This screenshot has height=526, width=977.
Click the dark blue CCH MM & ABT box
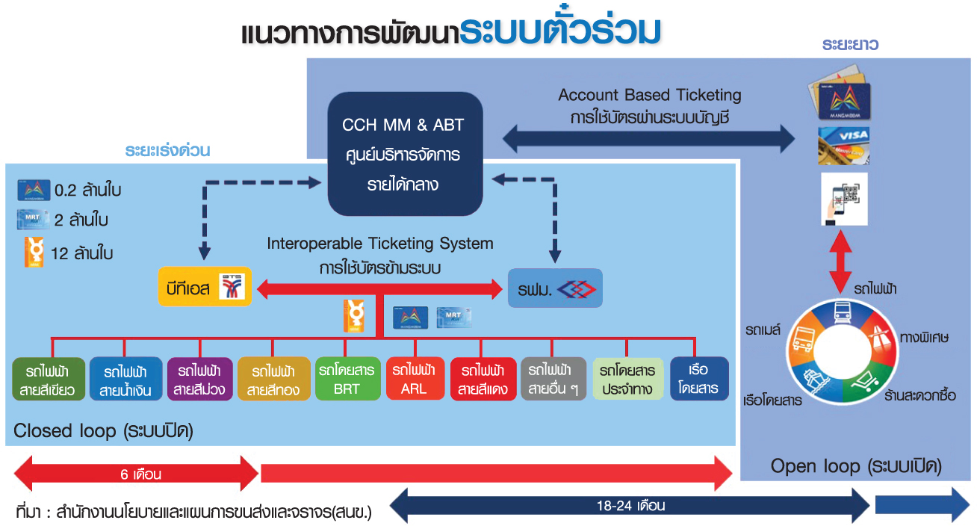coord(403,153)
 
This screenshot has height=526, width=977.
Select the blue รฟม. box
coord(554,288)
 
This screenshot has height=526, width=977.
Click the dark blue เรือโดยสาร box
coord(699,379)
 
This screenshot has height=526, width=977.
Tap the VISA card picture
coord(844,145)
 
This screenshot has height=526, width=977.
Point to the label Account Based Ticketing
coord(650,96)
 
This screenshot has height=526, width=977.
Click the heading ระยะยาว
coord(850,45)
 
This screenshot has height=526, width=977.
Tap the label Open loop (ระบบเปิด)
coord(856,467)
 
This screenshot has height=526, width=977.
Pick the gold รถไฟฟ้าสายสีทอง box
coord(273,379)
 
